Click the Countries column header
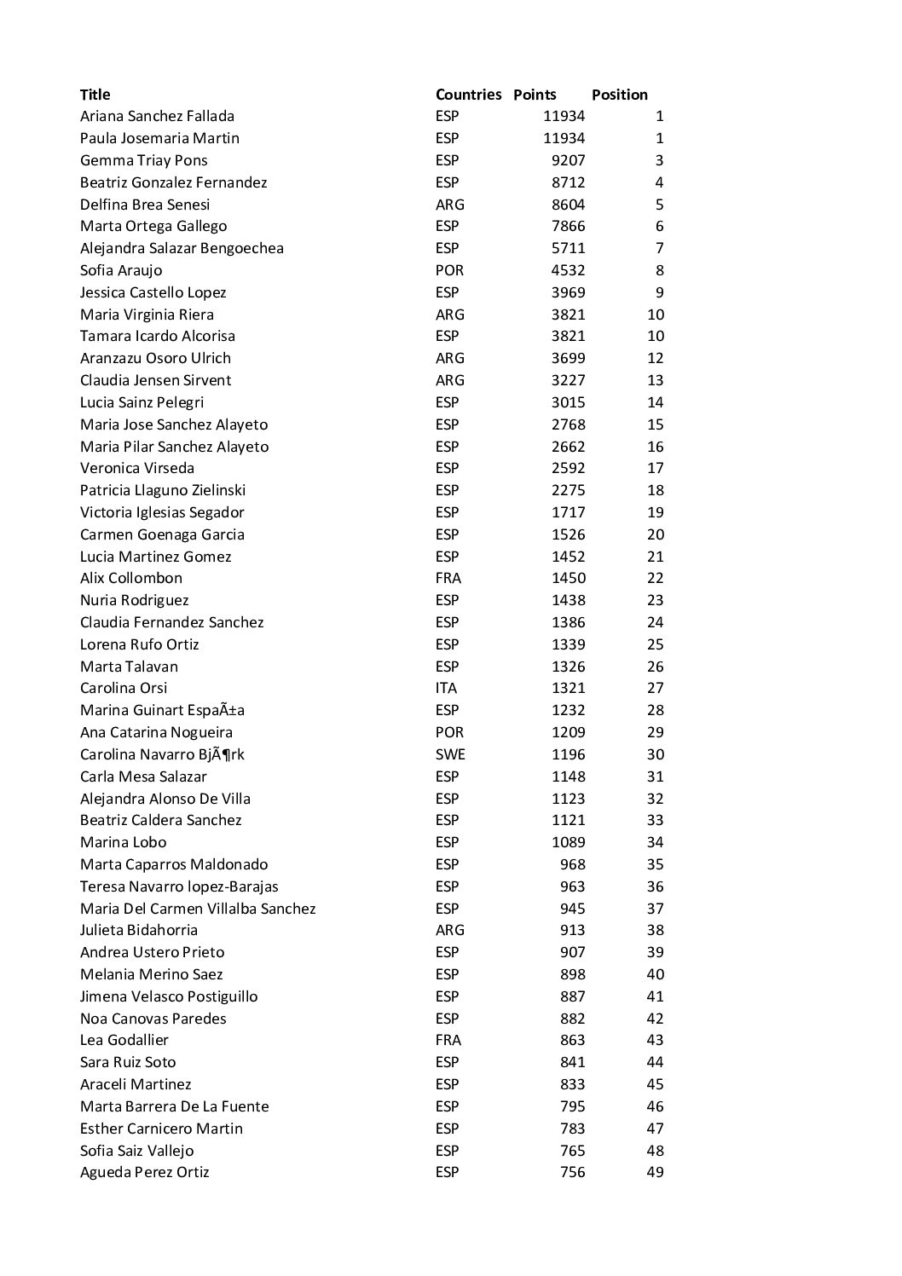coord(468,95)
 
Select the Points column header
coord(535,95)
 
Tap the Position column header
coord(619,95)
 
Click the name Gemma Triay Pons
coord(143,160)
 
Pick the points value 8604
coord(568,205)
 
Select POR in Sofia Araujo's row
coord(449,270)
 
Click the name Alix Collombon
coord(131,578)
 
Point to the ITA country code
coord(446,688)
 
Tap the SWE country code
coord(450,754)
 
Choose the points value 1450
coord(568,578)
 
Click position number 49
coord(655,1172)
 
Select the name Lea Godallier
coord(124,1040)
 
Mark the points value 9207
coord(568,160)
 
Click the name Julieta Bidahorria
coord(139,930)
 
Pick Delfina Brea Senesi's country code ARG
coord(450,205)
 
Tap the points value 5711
coord(568,248)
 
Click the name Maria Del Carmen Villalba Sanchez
coord(198,909)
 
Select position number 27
coord(655,688)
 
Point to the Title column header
coord(95,95)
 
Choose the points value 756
coord(572,1172)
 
